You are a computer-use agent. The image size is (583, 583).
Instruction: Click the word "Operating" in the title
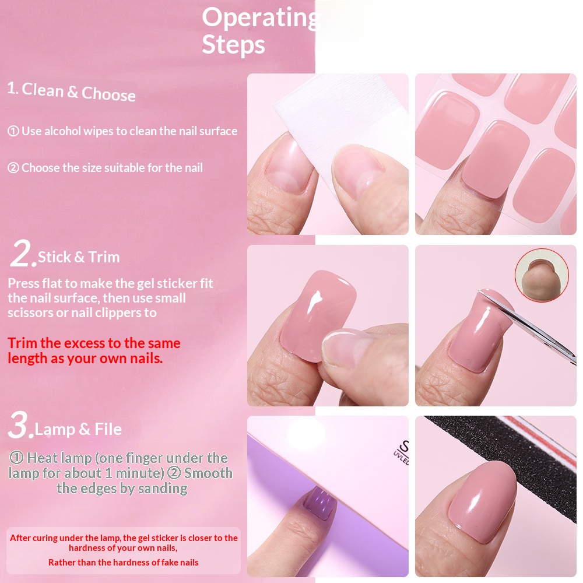(x=259, y=18)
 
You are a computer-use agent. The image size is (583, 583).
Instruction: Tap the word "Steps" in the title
(x=233, y=45)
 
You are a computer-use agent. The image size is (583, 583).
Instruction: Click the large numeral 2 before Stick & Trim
(x=22, y=255)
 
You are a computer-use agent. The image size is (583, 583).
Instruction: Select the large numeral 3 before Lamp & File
(x=20, y=427)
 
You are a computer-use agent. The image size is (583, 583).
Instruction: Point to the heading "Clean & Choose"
(x=79, y=92)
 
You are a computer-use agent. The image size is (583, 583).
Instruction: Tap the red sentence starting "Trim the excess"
(x=94, y=350)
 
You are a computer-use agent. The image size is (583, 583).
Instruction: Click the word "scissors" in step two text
(x=29, y=312)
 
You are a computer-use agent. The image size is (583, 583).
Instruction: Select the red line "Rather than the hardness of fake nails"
(x=123, y=563)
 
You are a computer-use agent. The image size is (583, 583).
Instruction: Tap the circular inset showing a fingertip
(x=542, y=275)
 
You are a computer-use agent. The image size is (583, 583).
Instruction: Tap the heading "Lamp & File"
(x=78, y=430)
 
